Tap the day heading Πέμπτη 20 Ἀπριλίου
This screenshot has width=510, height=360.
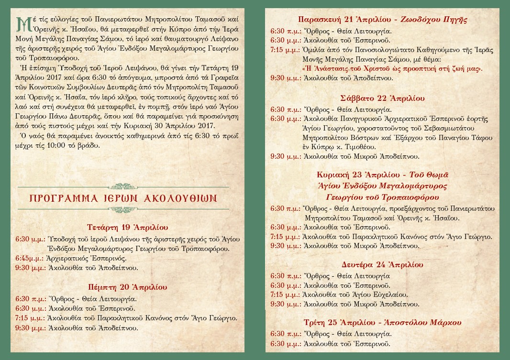click(x=127, y=287)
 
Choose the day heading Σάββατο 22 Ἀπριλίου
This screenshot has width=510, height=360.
click(x=382, y=98)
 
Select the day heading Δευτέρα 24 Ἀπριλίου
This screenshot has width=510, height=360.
click(x=382, y=264)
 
